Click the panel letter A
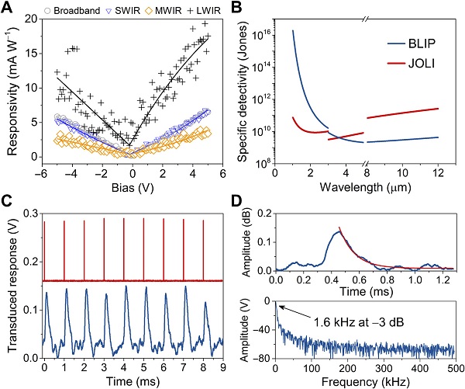pos(7,7)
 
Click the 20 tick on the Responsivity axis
pos(29,18)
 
